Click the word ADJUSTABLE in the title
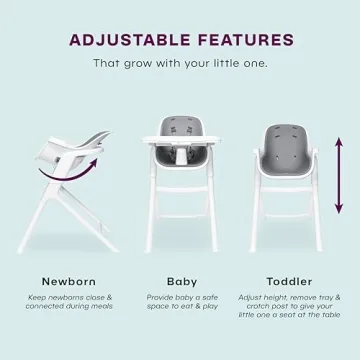pyautogui.click(x=127, y=40)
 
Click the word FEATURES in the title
pyautogui.click(x=239, y=40)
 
